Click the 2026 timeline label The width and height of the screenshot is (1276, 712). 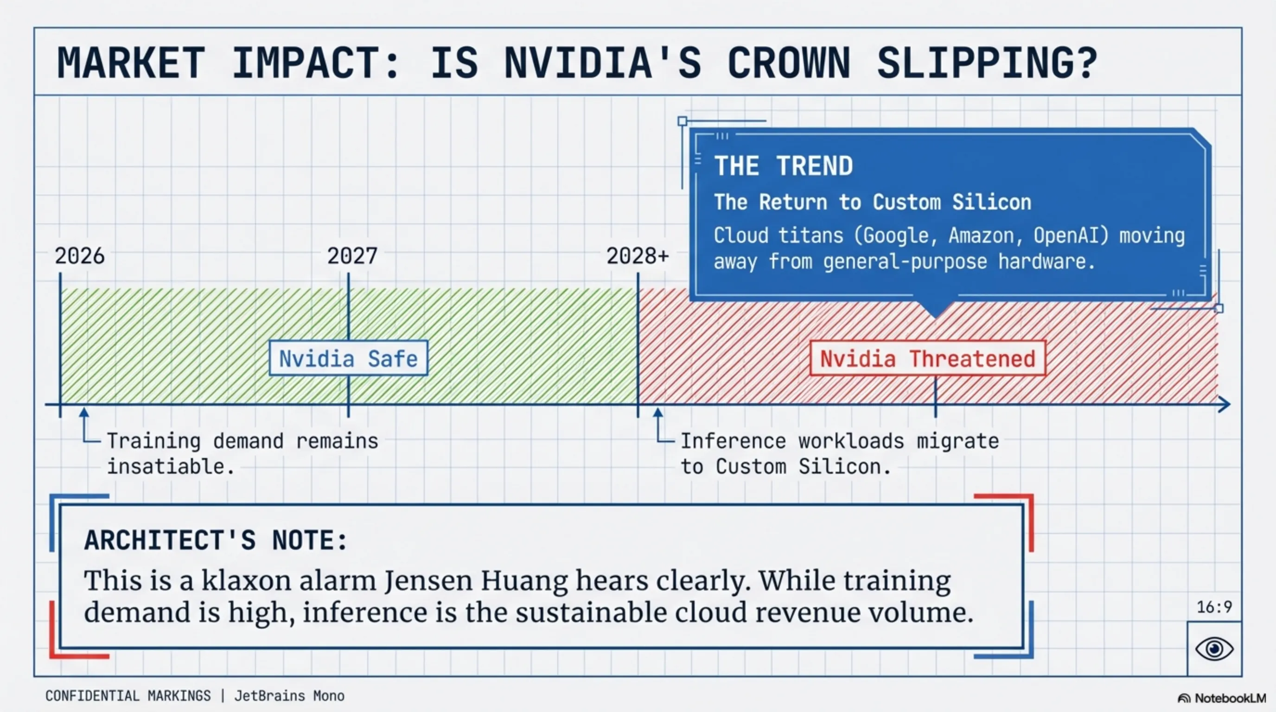point(80,256)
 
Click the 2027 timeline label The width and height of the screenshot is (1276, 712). point(352,256)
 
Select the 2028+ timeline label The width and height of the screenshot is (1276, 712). point(638,256)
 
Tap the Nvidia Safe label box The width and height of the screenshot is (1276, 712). point(348,358)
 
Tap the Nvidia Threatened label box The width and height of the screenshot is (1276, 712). point(928,358)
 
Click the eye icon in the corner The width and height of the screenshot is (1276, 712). point(1214,648)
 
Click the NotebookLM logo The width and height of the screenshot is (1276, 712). point(1221,698)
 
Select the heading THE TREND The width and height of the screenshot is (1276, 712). point(783,165)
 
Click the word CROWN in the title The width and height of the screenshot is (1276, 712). point(789,63)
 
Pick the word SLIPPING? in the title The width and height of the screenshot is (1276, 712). point(987,63)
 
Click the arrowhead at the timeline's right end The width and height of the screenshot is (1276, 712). point(1224,404)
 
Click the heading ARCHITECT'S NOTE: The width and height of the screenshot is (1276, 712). point(216,540)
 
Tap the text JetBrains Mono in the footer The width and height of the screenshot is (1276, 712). point(289,696)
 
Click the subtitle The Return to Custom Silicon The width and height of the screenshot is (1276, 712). point(872,202)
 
